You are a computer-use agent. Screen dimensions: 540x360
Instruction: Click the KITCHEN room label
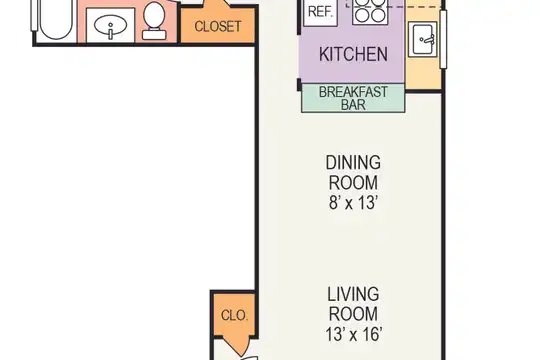click(353, 54)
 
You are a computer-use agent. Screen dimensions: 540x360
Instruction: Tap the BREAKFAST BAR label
click(353, 98)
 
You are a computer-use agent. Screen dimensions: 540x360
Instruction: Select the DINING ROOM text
click(353, 172)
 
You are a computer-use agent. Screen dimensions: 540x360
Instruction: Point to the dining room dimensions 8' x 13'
click(353, 203)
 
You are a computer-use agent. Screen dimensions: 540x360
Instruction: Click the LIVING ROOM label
click(353, 304)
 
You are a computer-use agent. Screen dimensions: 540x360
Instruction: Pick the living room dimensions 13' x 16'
click(353, 334)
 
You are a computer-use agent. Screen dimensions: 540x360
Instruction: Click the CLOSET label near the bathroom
click(218, 27)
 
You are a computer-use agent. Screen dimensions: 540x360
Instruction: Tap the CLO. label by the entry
click(234, 315)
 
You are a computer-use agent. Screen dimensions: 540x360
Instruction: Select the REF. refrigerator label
click(320, 12)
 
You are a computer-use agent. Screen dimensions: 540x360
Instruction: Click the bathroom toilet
click(154, 20)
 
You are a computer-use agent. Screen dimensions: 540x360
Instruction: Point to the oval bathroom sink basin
click(110, 26)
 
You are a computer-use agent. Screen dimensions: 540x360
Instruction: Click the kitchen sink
click(423, 39)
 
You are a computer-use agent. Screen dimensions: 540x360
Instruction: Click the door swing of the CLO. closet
click(238, 346)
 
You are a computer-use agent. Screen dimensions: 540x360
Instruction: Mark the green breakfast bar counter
click(353, 98)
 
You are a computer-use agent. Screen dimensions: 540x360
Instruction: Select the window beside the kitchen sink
click(444, 39)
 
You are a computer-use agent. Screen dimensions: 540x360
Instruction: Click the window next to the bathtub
click(34, 16)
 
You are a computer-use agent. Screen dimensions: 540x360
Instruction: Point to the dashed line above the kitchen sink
click(394, 7)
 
